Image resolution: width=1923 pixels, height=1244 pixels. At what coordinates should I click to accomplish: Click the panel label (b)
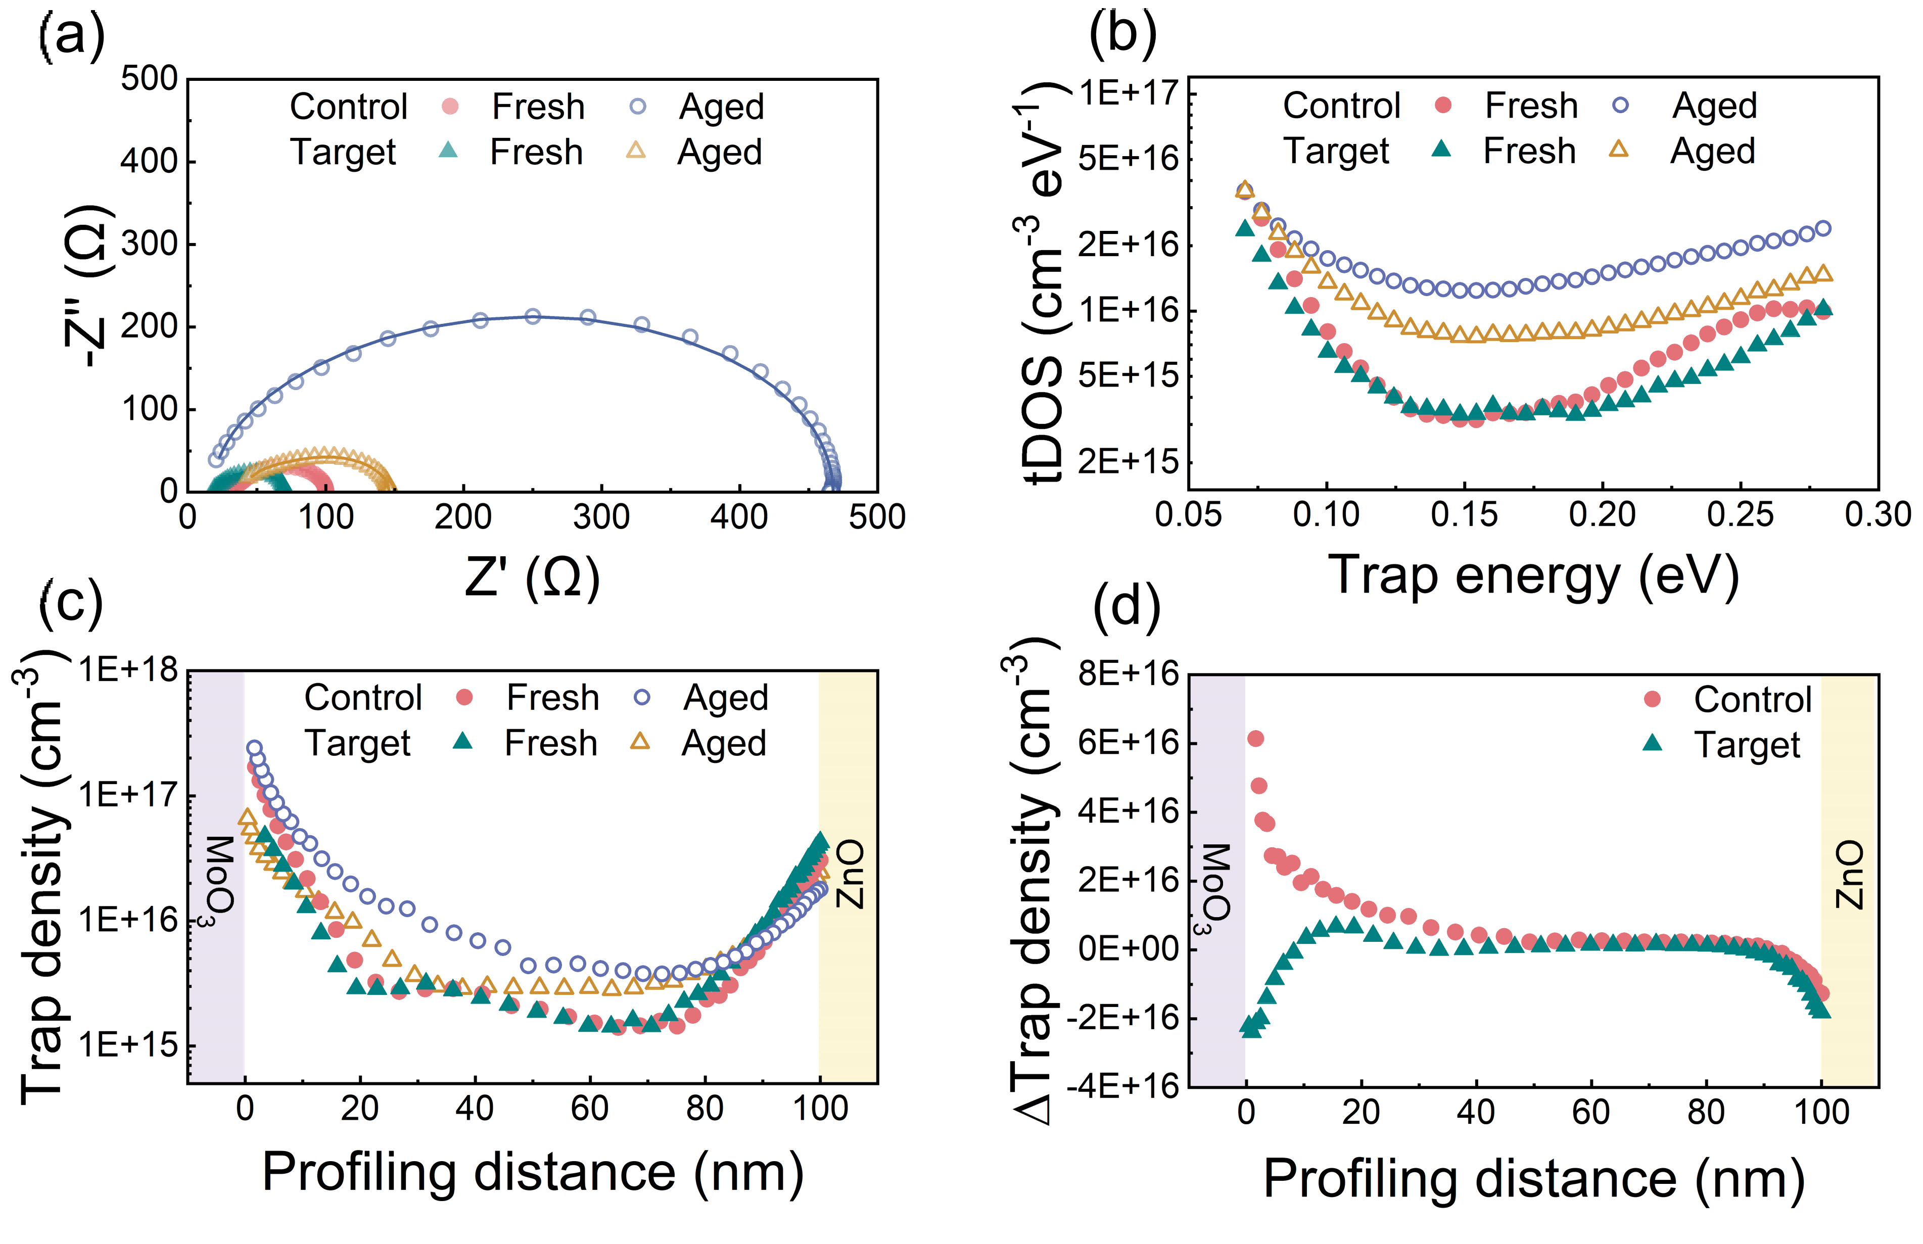[x=1122, y=34]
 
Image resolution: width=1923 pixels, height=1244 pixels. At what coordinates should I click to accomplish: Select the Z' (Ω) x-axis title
[x=533, y=577]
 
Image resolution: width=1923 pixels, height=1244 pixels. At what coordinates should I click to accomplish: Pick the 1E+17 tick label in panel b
[x=1129, y=93]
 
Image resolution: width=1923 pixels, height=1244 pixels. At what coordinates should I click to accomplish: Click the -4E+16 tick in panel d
[x=1123, y=1086]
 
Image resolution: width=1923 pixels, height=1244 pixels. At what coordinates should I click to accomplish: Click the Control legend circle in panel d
[x=1652, y=699]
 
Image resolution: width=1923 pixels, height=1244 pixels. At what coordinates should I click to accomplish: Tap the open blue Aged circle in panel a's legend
[x=638, y=106]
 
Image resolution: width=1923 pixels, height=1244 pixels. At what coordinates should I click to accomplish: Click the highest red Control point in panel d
[x=1255, y=738]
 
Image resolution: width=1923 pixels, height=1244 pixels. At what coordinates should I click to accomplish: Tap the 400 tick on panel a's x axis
[x=738, y=517]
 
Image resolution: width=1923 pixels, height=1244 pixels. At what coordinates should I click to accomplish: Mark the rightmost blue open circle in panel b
[x=1823, y=228]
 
